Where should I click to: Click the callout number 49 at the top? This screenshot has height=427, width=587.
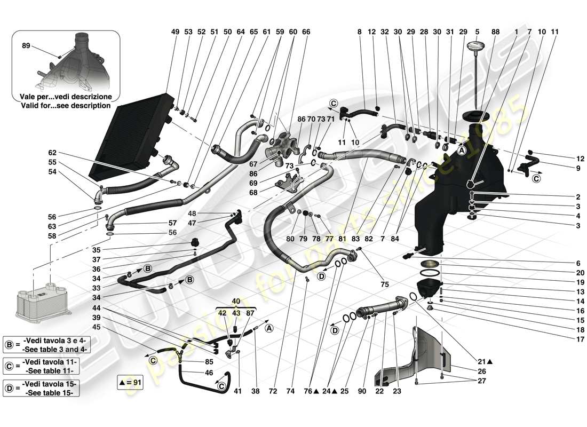click(175, 31)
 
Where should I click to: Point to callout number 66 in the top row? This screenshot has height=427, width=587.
click(306, 31)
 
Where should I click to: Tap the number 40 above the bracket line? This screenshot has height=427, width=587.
click(235, 301)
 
